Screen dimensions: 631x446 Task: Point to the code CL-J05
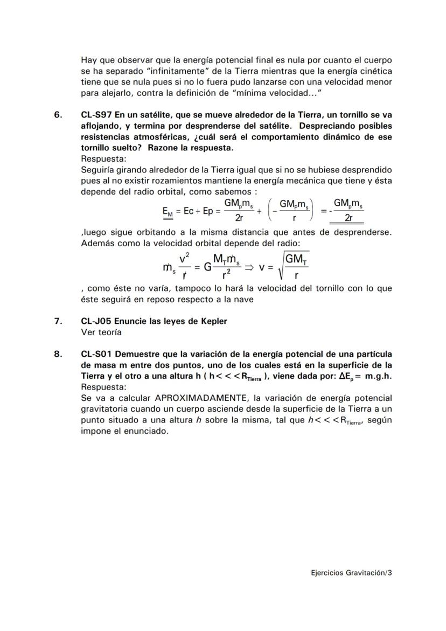coord(96,321)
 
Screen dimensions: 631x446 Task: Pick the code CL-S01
coord(96,354)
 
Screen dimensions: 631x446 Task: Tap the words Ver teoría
coord(101,332)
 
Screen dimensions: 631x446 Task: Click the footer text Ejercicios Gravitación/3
coord(352,573)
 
